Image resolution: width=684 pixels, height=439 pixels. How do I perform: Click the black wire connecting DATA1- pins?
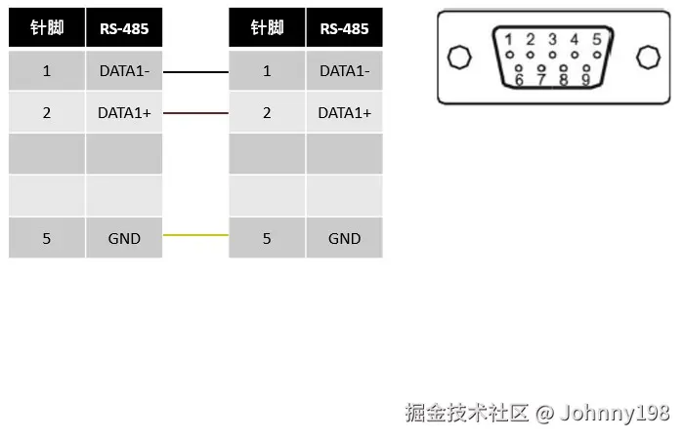(195, 71)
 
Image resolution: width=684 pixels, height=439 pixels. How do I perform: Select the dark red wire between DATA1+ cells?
(195, 113)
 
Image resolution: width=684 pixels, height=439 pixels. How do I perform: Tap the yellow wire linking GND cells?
(195, 235)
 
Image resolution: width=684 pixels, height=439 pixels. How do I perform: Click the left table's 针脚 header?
(47, 27)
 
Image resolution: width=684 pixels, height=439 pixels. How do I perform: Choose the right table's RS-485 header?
(344, 27)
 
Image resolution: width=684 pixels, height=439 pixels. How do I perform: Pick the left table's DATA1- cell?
(124, 71)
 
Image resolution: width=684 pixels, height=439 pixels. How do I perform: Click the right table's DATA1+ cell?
(344, 113)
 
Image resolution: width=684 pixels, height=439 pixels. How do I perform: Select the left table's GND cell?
(124, 238)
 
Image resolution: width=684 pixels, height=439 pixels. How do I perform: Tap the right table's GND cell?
(344, 238)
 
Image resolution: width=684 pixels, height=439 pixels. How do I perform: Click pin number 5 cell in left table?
(47, 238)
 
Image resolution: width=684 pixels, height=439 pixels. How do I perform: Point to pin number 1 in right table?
(267, 71)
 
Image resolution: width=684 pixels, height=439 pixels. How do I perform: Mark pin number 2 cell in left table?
(47, 113)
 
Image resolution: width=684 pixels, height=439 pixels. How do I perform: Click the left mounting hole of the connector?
(458, 58)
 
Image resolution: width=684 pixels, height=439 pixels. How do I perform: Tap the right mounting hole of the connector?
(647, 58)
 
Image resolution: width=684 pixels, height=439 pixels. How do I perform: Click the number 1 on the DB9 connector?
(508, 40)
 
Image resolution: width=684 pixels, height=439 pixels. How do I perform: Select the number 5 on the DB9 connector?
(596, 40)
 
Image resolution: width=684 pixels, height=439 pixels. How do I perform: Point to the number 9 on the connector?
(585, 80)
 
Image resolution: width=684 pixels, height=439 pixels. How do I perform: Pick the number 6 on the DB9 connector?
(519, 80)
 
